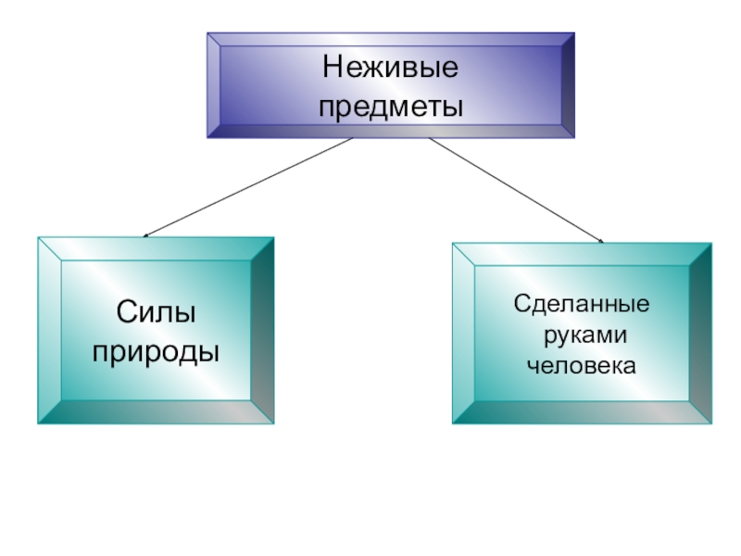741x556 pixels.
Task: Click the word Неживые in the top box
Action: coord(390,69)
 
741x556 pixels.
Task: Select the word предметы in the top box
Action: coord(390,107)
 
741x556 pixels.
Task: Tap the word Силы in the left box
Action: coord(156,312)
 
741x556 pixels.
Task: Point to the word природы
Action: coord(156,351)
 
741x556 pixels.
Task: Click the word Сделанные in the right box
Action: coord(582,303)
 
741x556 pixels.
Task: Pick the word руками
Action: coord(582,334)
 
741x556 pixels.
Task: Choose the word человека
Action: coord(582,364)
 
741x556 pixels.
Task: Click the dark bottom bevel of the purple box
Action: coord(390,132)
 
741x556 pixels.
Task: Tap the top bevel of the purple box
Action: coord(390,39)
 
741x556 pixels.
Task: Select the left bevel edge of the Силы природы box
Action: coord(49,330)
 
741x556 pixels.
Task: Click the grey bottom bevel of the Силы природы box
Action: coord(156,412)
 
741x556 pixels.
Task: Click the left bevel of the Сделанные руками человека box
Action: coord(463,334)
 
